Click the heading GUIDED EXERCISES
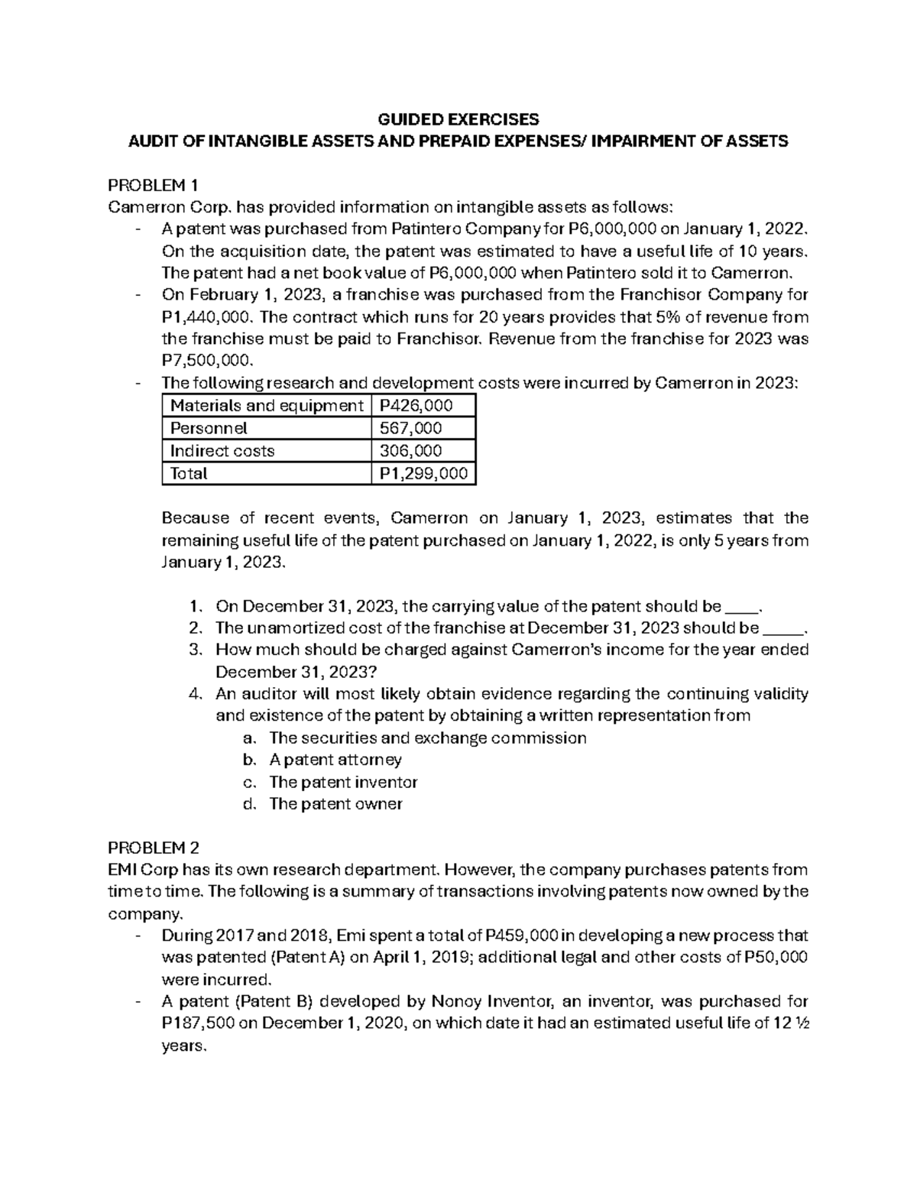[458, 119]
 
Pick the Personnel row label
[209, 429]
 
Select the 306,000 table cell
[410, 451]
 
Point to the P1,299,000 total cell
[423, 474]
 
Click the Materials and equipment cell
[266, 406]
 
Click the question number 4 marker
[194, 694]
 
